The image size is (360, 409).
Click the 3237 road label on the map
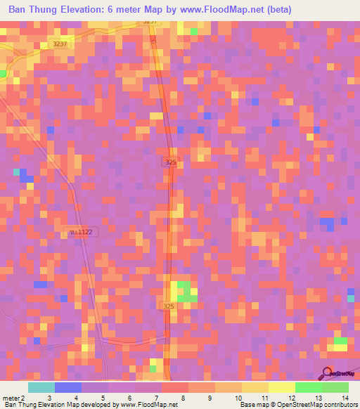pos(62,44)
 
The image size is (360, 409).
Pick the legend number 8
pos(184,398)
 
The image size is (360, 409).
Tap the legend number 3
pos(49,398)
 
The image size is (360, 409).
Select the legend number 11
pos(264,398)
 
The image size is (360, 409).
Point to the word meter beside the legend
pos(11,398)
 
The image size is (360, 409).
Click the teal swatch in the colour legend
pos(41,387)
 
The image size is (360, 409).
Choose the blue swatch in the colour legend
pos(68,387)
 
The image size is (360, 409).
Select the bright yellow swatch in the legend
pos(282,387)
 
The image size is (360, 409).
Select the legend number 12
pos(290,398)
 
